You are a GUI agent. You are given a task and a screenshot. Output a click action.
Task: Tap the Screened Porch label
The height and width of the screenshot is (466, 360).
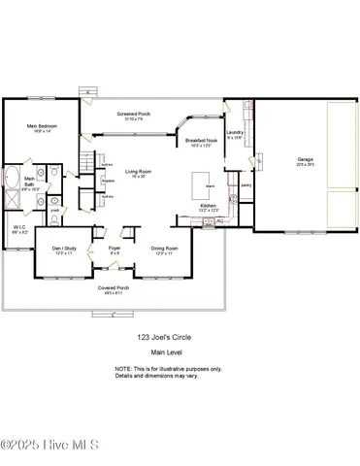pos(133,115)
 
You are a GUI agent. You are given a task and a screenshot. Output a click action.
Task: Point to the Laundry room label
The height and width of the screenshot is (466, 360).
pos(235,133)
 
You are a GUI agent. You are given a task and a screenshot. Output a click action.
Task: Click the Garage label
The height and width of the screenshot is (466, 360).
pos(306,159)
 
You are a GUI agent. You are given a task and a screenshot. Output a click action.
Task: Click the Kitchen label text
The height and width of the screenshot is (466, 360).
pos(208,207)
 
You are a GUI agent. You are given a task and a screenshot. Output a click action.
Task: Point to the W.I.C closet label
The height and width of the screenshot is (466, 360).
pos(17,231)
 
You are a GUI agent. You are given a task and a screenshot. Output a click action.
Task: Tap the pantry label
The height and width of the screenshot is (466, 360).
pos(245,183)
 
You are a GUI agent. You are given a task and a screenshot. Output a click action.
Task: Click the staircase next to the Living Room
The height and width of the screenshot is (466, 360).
pos(87,163)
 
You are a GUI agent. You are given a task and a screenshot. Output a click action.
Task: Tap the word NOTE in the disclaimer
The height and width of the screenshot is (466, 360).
pos(123,369)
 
